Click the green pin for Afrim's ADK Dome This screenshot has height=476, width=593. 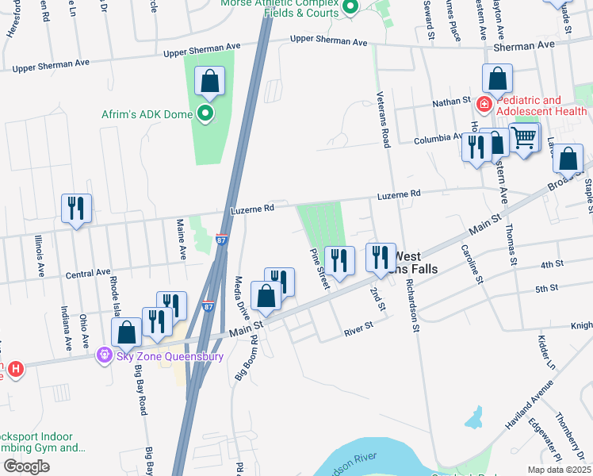point(206,113)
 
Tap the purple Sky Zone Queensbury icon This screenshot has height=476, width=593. point(102,355)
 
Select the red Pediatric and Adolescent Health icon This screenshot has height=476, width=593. point(482,105)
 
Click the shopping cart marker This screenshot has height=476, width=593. point(524,138)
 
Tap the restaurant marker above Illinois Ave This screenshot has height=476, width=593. point(76,209)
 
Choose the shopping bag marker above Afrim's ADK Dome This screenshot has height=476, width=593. point(209,81)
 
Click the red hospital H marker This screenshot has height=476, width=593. point(15,369)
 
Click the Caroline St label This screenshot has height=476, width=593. point(471,263)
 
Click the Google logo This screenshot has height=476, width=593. point(26,466)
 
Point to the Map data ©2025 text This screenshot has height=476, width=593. point(558,470)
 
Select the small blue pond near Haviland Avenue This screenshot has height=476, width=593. point(473,416)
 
